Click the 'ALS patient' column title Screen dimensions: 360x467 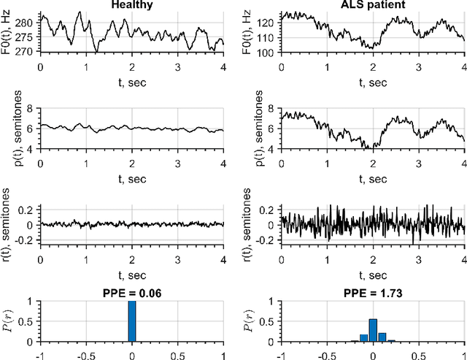tap(372, 5)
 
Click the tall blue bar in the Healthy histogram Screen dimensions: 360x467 tap(132, 321)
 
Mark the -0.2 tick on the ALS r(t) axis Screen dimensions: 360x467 tap(267, 241)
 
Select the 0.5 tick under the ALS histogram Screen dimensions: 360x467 tap(419, 351)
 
